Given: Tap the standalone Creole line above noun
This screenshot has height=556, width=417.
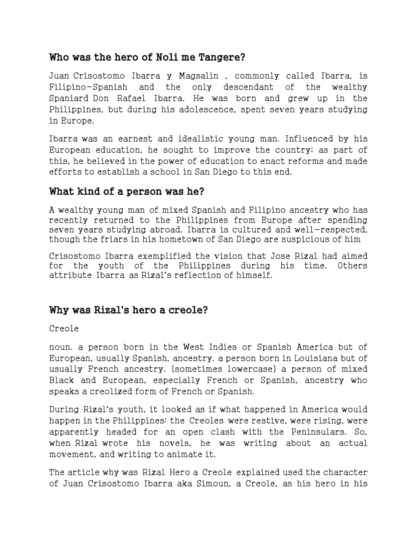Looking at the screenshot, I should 64,329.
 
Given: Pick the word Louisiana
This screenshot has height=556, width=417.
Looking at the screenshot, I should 301,358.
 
